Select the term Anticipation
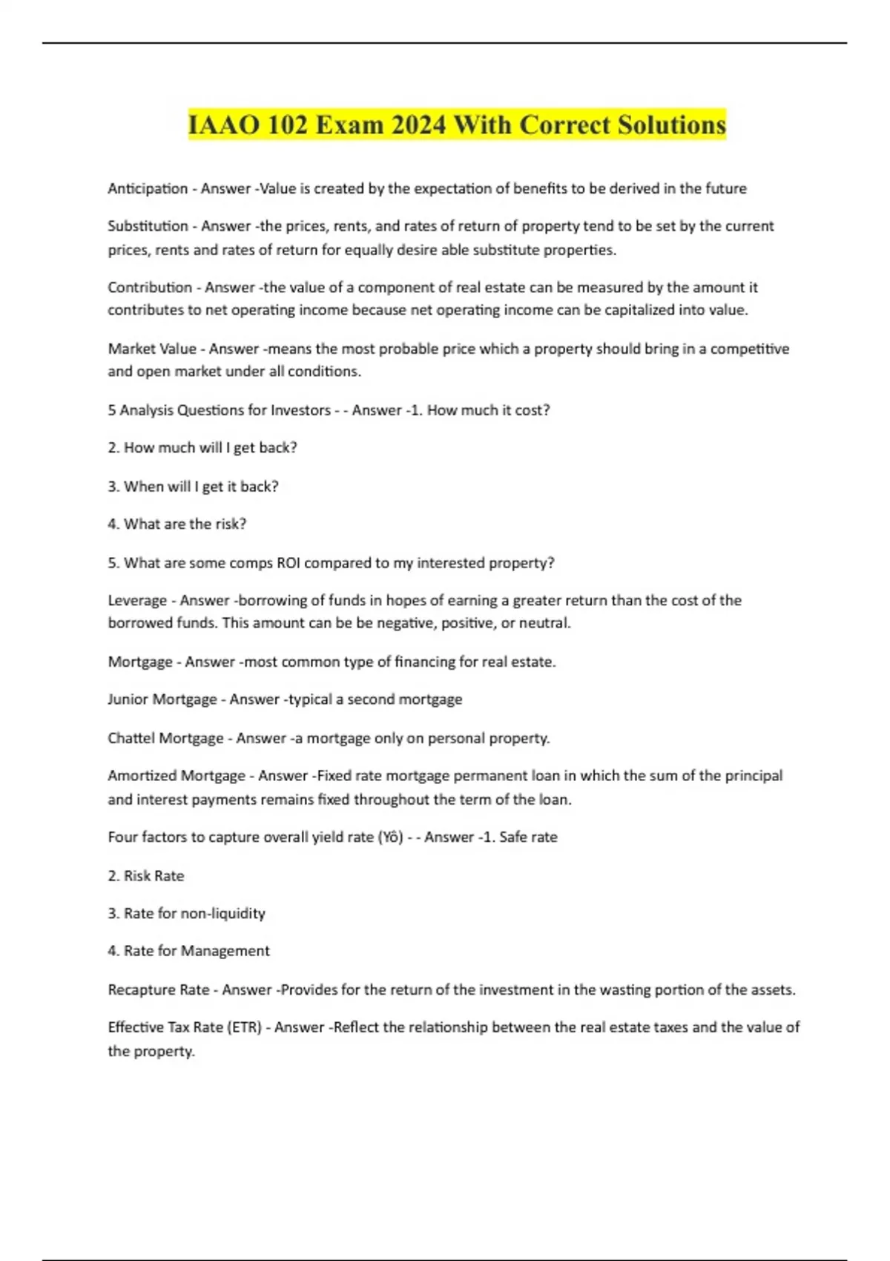point(148,188)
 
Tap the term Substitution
point(148,225)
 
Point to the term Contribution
point(150,287)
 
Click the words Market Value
point(152,349)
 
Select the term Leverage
point(137,600)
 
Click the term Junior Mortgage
point(162,699)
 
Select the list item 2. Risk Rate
point(146,876)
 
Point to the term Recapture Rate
point(159,990)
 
